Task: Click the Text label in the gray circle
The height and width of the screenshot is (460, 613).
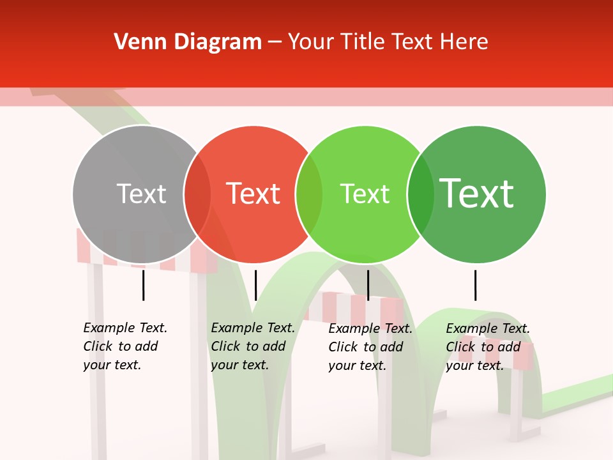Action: (141, 194)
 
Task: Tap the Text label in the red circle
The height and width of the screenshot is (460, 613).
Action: (254, 194)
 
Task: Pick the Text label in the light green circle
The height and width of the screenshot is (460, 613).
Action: (365, 194)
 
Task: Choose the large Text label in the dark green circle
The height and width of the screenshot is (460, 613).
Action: (477, 193)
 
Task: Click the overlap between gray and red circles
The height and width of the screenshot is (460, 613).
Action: (197, 194)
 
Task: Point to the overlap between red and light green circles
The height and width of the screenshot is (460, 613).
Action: (309, 194)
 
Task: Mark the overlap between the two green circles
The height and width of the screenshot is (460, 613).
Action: (421, 194)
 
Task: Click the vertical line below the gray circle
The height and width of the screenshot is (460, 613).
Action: (144, 285)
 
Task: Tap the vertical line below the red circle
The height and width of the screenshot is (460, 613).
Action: (255, 285)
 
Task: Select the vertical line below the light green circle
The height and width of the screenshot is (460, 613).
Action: (368, 285)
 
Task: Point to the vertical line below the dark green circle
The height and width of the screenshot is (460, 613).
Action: (475, 285)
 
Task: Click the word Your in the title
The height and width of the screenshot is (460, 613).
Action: (311, 42)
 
